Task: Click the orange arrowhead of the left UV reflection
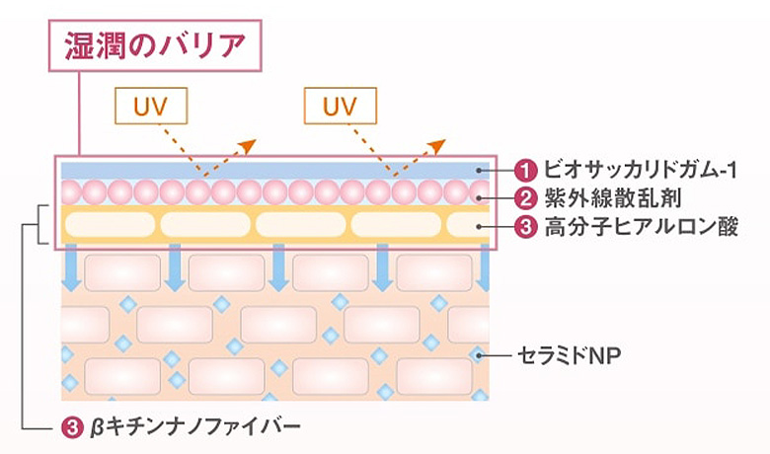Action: [x=247, y=145]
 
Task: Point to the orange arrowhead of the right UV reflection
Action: [x=437, y=145]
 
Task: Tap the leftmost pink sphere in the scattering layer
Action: [x=70, y=191]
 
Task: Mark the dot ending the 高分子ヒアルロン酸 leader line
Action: [x=478, y=226]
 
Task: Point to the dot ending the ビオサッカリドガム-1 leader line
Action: [x=478, y=170]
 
